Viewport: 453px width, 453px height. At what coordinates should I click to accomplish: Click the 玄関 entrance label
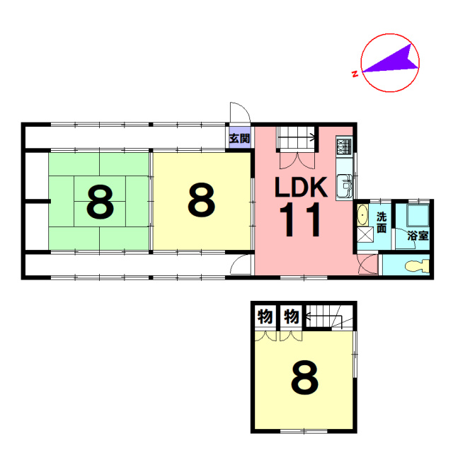(x=239, y=139)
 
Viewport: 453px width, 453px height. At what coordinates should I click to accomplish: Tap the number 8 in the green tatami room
(x=100, y=202)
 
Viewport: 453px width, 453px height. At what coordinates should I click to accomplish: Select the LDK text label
(x=302, y=187)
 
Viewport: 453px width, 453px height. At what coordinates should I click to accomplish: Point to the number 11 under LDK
(x=300, y=219)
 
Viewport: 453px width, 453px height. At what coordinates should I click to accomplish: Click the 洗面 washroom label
(x=382, y=222)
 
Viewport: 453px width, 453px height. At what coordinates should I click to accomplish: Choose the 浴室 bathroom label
(x=418, y=236)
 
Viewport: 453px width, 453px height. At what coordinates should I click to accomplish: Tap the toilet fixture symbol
(x=417, y=266)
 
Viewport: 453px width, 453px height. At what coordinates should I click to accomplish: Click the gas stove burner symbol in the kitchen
(x=344, y=146)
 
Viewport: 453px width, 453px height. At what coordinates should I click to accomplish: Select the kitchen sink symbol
(x=345, y=186)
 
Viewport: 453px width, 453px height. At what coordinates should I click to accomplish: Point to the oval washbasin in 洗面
(x=362, y=215)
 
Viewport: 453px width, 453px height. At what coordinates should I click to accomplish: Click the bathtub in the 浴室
(x=418, y=215)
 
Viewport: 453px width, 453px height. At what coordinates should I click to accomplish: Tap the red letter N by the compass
(x=355, y=74)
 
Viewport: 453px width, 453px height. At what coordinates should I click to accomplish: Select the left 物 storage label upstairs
(x=265, y=316)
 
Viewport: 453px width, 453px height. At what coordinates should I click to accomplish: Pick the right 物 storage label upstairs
(x=291, y=316)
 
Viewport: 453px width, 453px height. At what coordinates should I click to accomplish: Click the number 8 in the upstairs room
(x=305, y=377)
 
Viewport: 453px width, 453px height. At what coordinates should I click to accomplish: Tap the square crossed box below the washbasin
(x=365, y=234)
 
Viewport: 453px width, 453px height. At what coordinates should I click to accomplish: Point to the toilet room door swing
(x=368, y=264)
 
